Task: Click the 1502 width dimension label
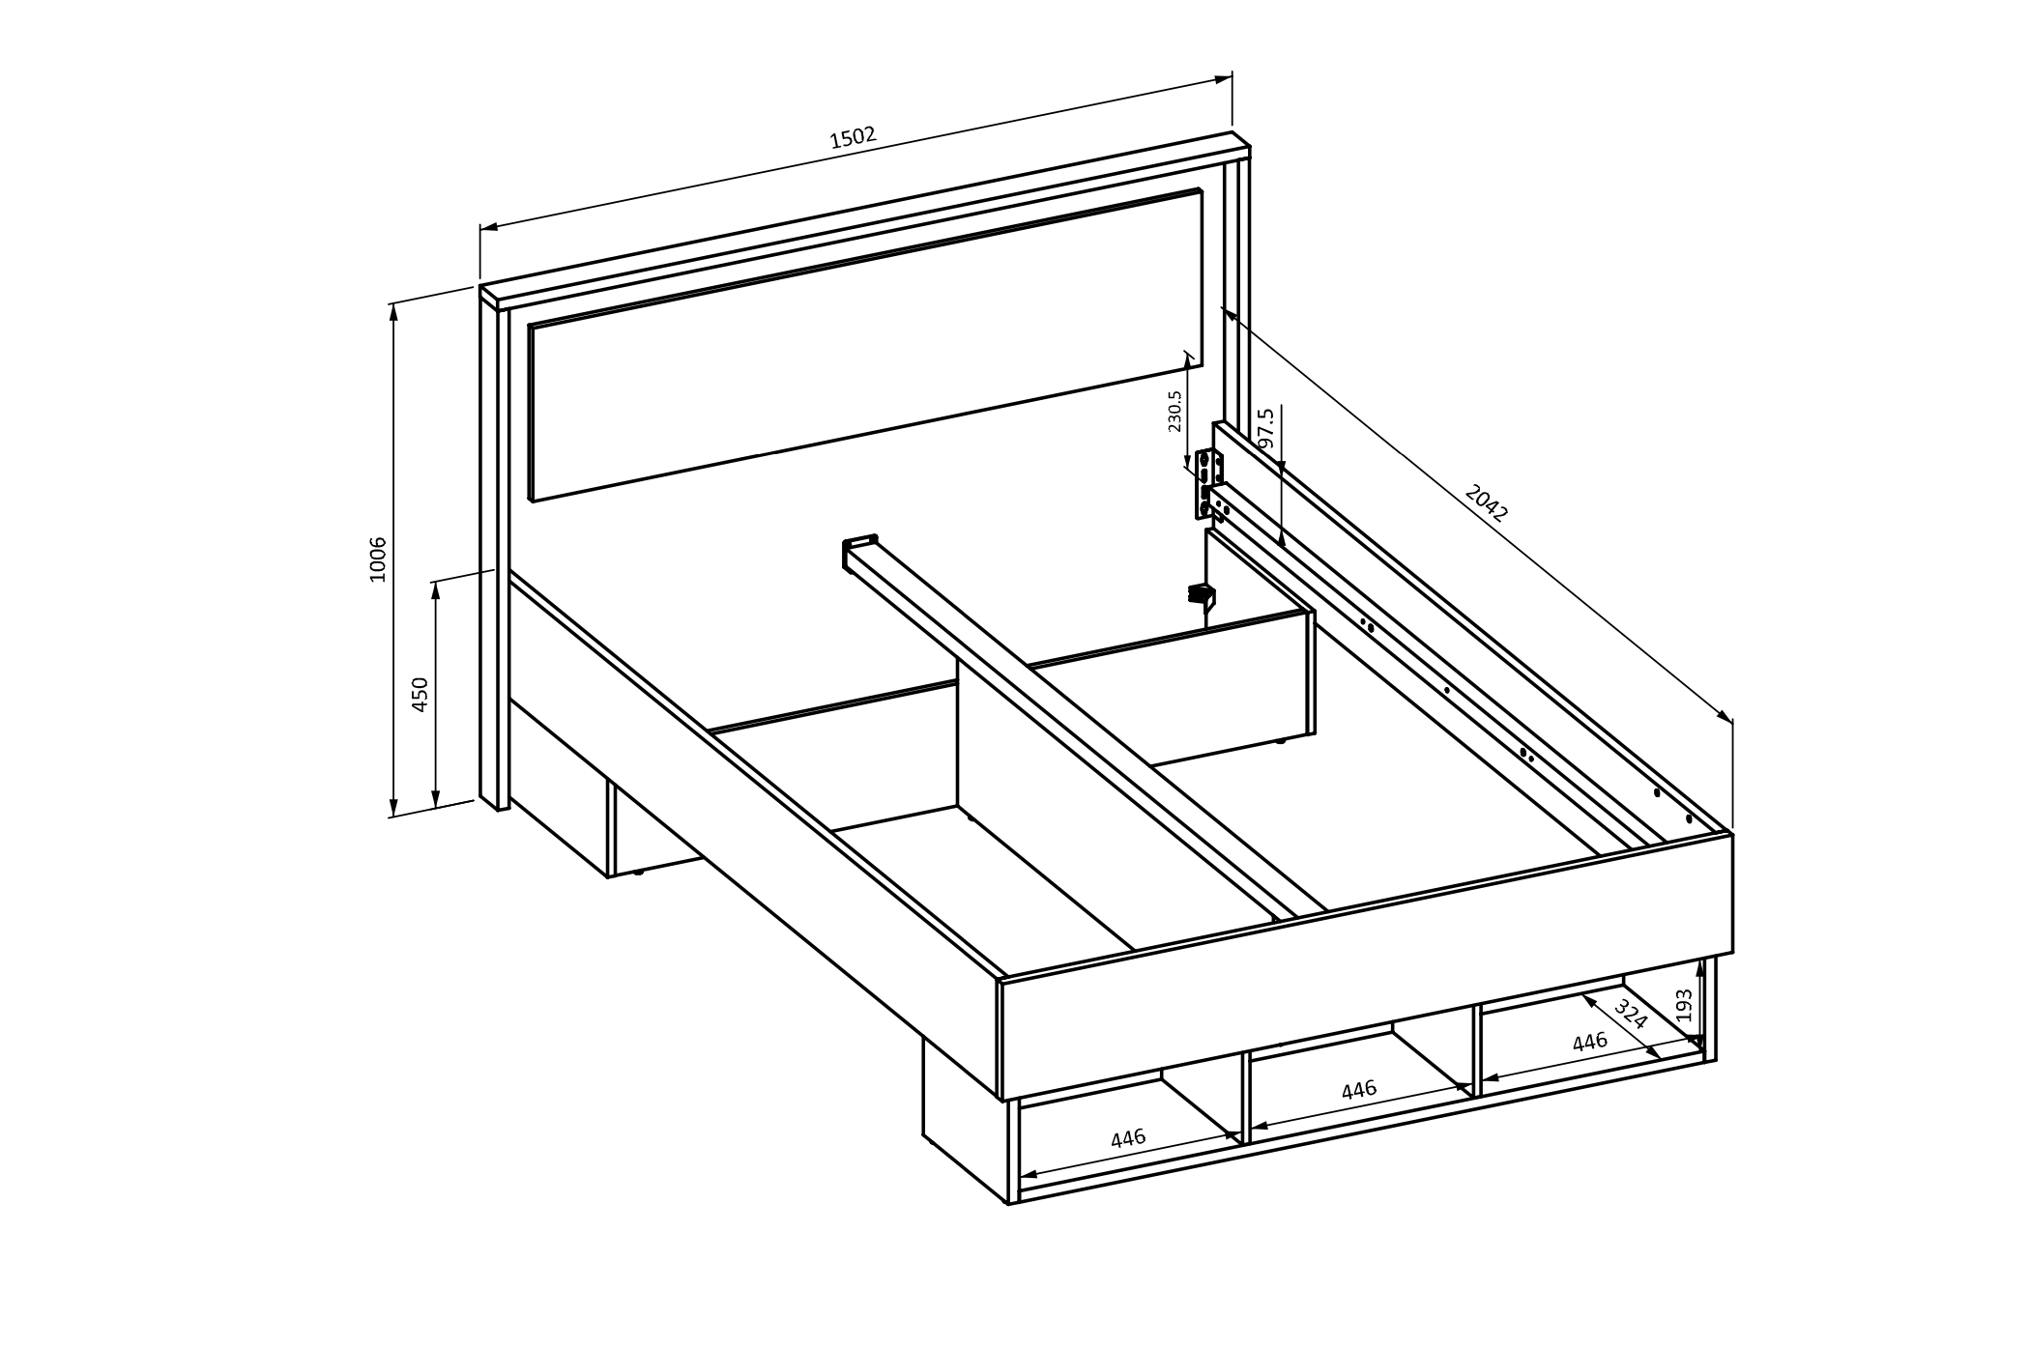[853, 137]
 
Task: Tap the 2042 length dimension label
[1486, 503]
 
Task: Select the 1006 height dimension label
[377, 559]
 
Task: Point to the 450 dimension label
[420, 695]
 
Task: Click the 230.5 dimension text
[1174, 411]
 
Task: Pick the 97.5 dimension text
[1266, 428]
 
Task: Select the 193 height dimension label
[1685, 1005]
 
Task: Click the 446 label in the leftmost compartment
[1128, 1138]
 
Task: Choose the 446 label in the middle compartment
[1359, 1090]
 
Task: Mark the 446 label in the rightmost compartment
[1590, 1042]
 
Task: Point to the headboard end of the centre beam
[859, 551]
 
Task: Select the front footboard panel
[1366, 966]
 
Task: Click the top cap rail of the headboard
[865, 220]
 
